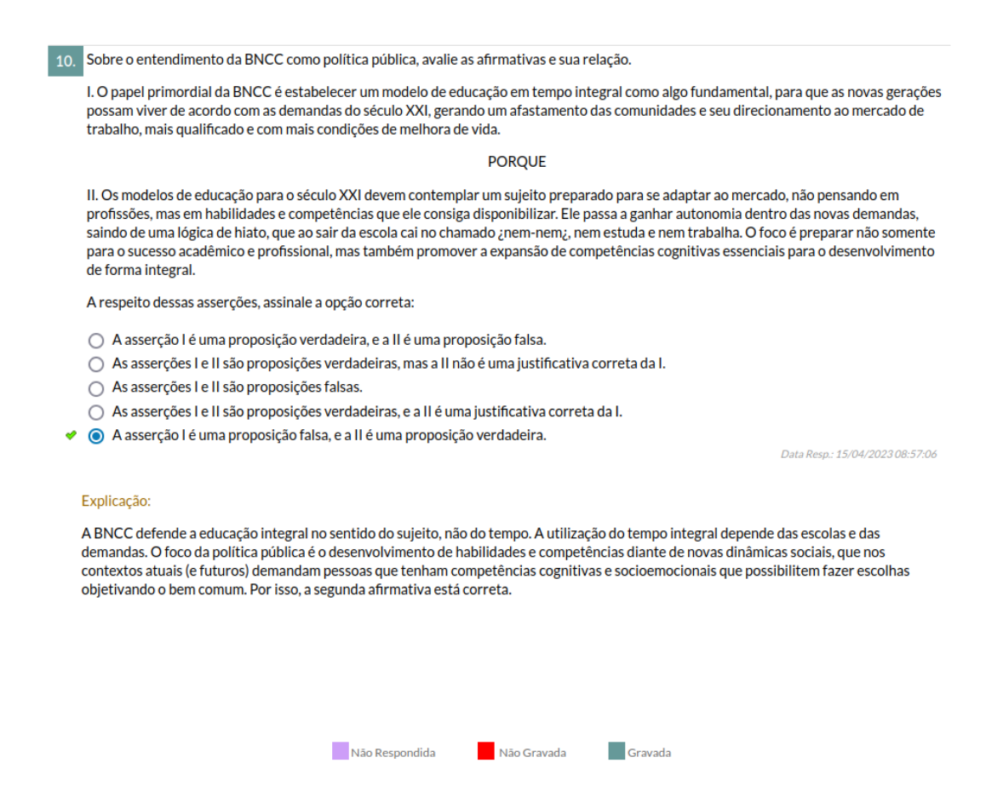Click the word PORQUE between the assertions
(x=517, y=162)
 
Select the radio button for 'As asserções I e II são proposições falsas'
(x=96, y=388)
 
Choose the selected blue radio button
(x=96, y=436)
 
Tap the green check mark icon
(x=72, y=436)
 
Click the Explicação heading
(x=116, y=502)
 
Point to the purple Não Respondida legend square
(x=340, y=751)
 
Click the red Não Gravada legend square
(x=486, y=751)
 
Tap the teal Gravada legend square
(x=616, y=751)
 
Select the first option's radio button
(x=96, y=341)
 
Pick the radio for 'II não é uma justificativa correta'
(x=96, y=364)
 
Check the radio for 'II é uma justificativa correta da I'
(x=96, y=412)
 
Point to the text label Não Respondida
(x=393, y=753)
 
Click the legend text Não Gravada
(x=532, y=753)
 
